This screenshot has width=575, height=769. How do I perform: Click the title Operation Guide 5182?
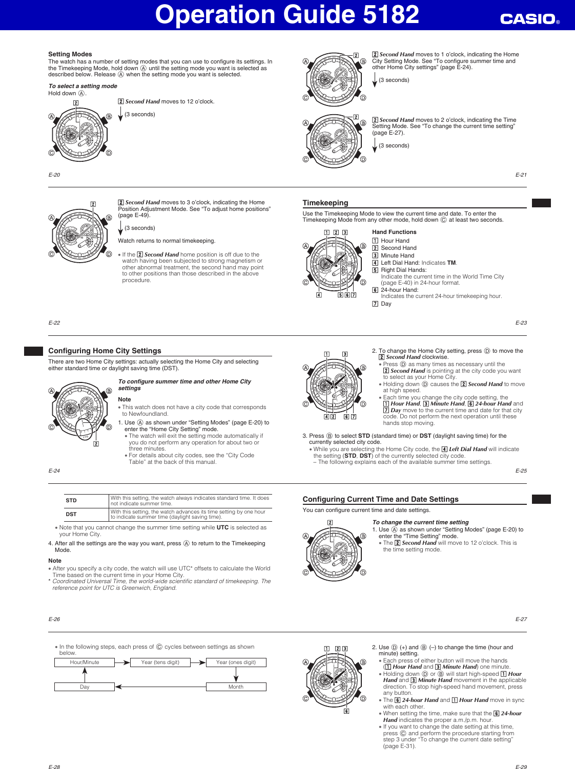287,14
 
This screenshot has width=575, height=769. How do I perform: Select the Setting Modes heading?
70,54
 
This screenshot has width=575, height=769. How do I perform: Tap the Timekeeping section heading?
325,203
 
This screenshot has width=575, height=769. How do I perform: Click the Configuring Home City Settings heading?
105,351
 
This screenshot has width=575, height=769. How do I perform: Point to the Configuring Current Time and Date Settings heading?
380,499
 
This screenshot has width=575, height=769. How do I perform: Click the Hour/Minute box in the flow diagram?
85,663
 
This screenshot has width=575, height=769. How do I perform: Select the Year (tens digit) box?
160,663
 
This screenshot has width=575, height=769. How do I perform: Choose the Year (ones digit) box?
236,663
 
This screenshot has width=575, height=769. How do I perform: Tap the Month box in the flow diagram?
236,687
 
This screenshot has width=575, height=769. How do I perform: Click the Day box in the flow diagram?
85,687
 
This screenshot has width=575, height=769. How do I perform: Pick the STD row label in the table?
71,501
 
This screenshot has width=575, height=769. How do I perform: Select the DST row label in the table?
71,514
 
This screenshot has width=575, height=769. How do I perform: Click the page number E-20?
54,175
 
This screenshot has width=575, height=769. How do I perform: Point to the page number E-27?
521,620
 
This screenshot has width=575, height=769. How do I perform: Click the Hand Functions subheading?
394,232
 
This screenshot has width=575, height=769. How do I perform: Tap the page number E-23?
521,323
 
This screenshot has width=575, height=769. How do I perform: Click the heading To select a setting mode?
83,86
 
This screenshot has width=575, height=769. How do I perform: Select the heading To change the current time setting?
420,522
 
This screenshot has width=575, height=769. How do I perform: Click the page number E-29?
521,767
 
